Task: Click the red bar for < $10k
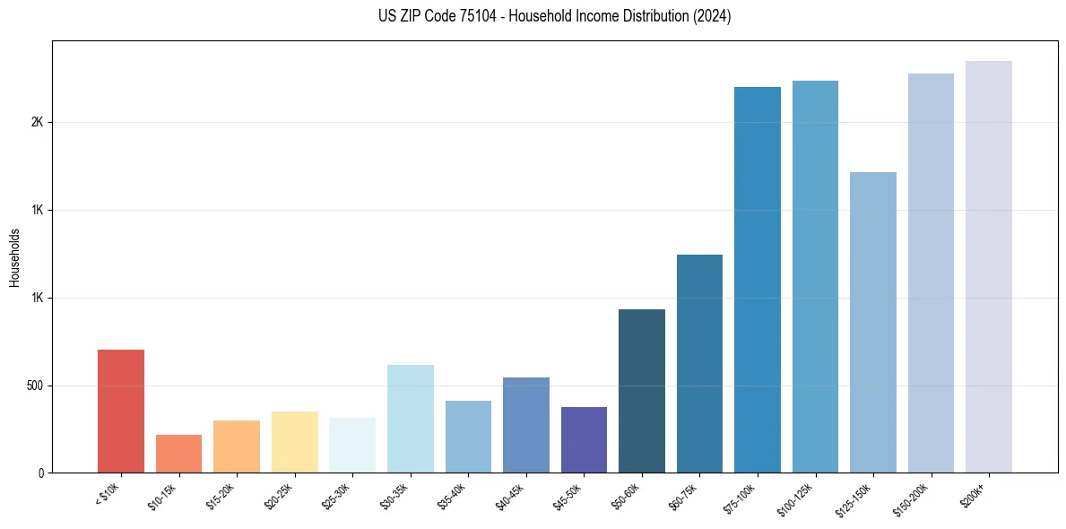tap(121, 411)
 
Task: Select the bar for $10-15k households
tap(178, 454)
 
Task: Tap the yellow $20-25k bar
tap(294, 442)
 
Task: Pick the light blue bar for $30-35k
tap(410, 419)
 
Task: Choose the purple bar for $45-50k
tap(584, 439)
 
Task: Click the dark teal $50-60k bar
tap(642, 391)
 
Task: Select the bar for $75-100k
tap(758, 280)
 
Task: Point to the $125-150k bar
tap(873, 322)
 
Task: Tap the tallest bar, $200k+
tap(989, 266)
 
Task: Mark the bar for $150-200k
tap(931, 273)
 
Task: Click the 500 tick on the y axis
tap(35, 386)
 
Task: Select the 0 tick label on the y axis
tap(41, 473)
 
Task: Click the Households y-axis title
tap(14, 257)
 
